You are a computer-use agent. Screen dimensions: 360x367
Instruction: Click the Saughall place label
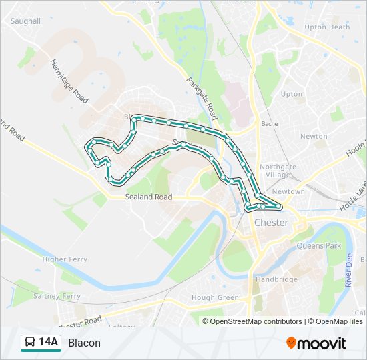coord(25,21)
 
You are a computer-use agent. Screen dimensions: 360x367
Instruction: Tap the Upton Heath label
coord(326,27)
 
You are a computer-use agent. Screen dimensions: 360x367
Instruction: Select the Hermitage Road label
coord(69,81)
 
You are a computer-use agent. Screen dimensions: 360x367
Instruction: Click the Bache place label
coord(270,124)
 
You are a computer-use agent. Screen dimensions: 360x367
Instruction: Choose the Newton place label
coord(314,136)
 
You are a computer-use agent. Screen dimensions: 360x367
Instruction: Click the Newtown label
coord(288,191)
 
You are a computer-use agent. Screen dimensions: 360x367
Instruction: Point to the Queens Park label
coord(319,246)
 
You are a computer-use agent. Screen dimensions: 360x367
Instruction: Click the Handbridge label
coord(276,279)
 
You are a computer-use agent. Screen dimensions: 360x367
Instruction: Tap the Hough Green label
coord(215,297)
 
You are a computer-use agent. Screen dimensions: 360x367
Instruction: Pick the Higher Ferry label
coord(64,259)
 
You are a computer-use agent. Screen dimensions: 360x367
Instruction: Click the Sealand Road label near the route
coord(149,197)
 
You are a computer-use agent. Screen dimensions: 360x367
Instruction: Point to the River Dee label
coord(349,274)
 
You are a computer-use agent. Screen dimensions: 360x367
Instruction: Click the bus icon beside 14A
coord(30,343)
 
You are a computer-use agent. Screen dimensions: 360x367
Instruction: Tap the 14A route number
coord(49,343)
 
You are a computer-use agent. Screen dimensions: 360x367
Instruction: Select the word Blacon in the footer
coord(84,343)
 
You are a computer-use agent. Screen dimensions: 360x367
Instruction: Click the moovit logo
coord(316,343)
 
